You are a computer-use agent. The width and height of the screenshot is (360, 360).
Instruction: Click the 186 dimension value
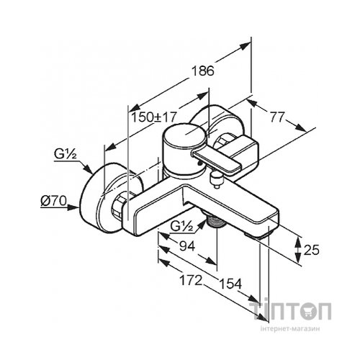coord(203,71)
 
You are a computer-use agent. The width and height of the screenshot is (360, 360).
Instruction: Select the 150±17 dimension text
coord(154,117)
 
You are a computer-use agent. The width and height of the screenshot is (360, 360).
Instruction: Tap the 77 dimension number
coord(277,117)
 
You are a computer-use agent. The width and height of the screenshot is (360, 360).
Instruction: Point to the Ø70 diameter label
coord(53,201)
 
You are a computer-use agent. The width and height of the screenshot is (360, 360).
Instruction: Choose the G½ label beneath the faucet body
coord(182,226)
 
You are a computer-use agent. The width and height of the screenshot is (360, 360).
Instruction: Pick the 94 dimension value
coord(187,246)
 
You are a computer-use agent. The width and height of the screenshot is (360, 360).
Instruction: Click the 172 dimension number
coord(191,280)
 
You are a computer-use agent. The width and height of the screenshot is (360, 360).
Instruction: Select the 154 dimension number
coord(230,284)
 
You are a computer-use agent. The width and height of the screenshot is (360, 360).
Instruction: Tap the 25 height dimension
coord(312,250)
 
